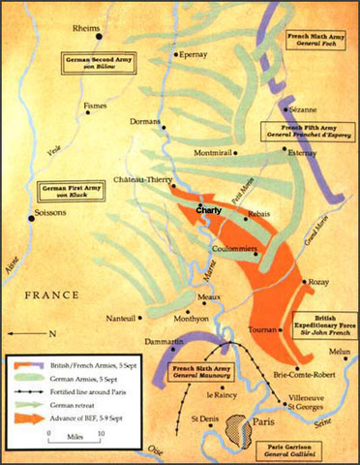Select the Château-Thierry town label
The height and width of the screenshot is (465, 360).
(142, 178)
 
